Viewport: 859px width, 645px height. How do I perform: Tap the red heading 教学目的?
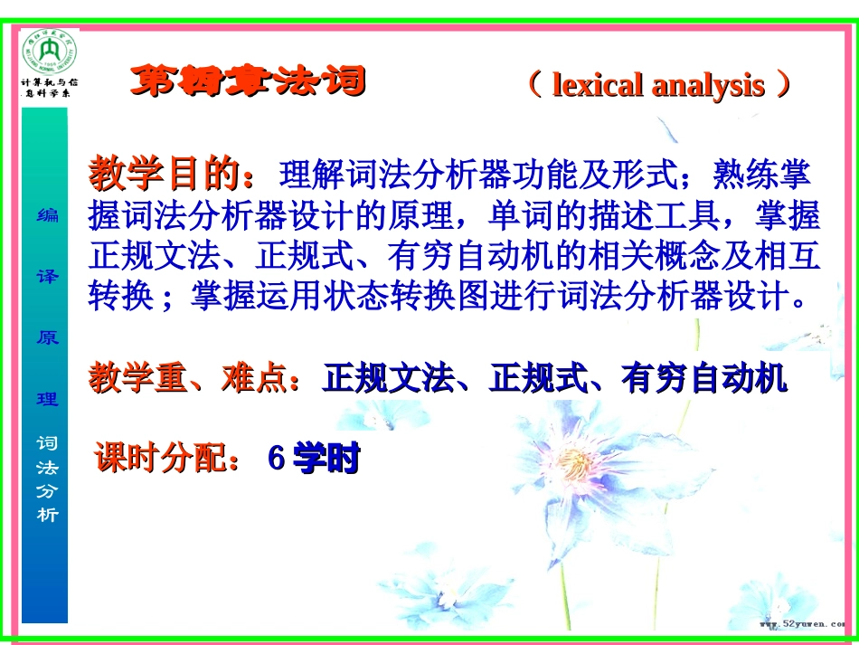pos(164,172)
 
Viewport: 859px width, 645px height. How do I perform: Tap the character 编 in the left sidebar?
pos(46,214)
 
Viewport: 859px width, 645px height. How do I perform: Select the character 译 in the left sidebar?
pos(46,276)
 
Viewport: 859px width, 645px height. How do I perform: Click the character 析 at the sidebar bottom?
pos(46,515)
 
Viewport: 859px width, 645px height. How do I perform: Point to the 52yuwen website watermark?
pos(800,625)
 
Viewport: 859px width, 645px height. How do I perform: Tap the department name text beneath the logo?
pos(50,88)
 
